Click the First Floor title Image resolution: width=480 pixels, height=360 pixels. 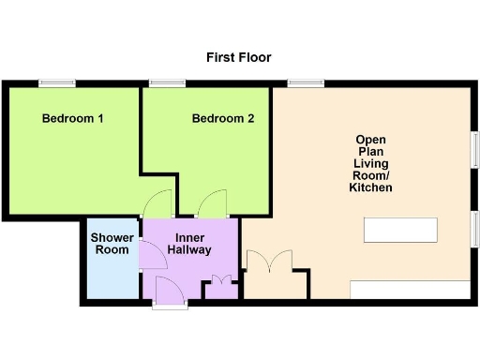pyautogui.click(x=238, y=58)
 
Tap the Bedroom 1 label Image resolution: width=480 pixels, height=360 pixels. pyautogui.click(x=72, y=119)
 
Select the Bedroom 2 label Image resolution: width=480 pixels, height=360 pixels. pyautogui.click(x=223, y=119)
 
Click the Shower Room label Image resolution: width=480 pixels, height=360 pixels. pyautogui.click(x=112, y=244)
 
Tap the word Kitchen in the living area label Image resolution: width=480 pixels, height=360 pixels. pyautogui.click(x=370, y=188)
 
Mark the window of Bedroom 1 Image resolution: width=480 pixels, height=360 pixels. pyautogui.click(x=57, y=83)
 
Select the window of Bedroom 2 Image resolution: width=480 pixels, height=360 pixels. pyautogui.click(x=167, y=83)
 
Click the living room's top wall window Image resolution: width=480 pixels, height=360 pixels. pyautogui.click(x=306, y=83)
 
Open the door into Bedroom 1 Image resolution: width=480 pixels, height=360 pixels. pyautogui.click(x=158, y=203)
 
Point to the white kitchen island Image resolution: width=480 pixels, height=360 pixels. pyautogui.click(x=400, y=230)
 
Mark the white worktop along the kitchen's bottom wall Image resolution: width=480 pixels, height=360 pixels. pyautogui.click(x=410, y=290)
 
